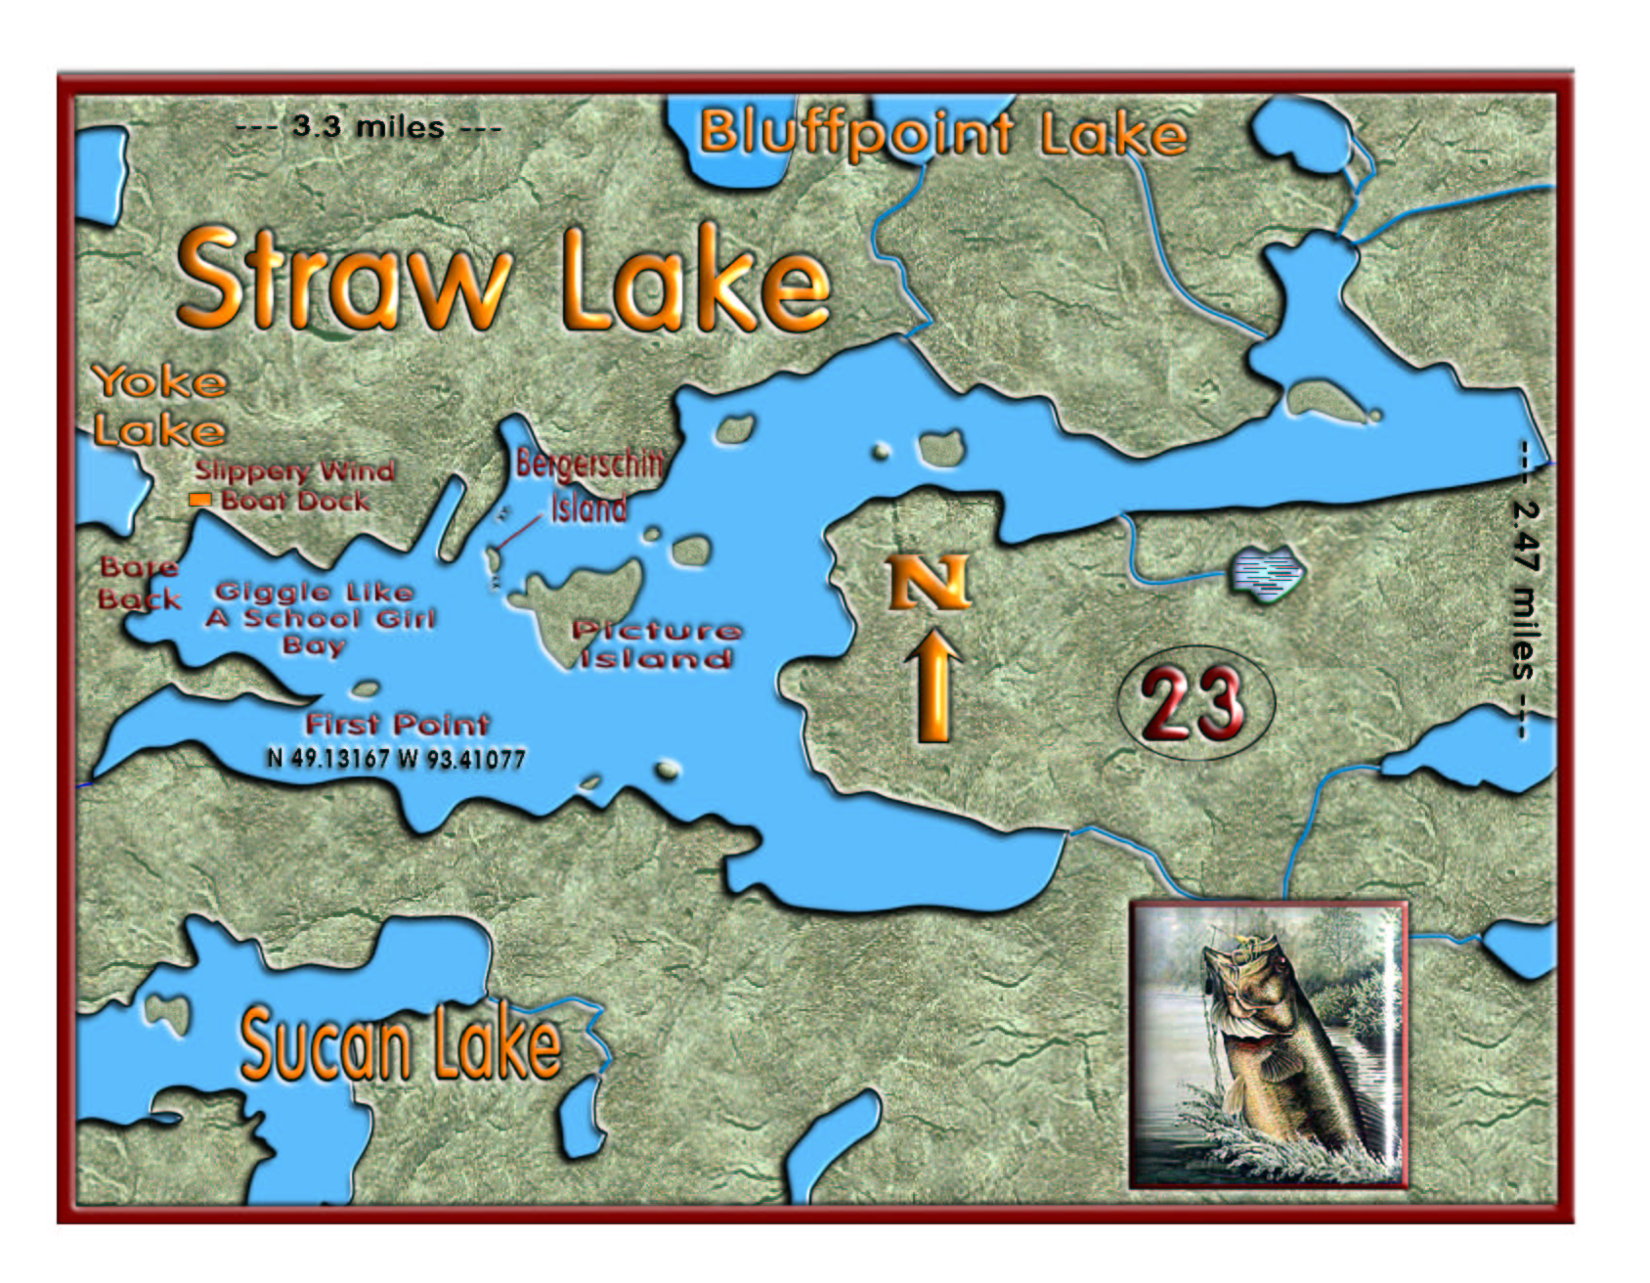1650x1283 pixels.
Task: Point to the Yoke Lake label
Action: click(159, 406)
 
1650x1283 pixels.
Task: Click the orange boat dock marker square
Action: click(199, 500)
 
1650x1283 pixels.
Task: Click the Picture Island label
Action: click(656, 644)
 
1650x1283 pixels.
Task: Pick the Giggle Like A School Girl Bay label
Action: click(320, 618)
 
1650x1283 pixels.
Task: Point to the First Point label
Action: click(397, 725)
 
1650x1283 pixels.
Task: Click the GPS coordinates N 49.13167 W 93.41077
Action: click(396, 759)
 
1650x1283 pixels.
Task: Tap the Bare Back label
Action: click(140, 584)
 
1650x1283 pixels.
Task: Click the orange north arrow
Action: click(934, 686)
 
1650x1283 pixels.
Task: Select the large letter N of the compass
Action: click(929, 583)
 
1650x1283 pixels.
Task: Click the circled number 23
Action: click(1194, 702)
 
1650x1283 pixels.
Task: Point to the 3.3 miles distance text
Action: click(369, 127)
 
